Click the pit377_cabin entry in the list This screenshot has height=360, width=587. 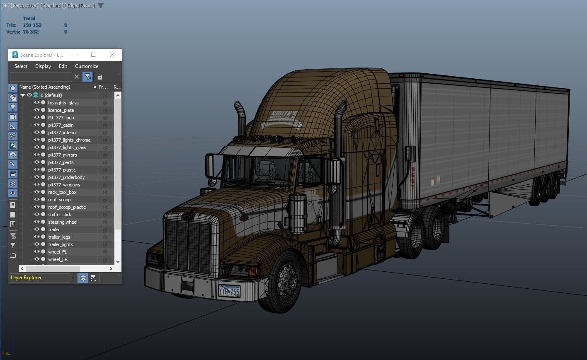[x=61, y=125]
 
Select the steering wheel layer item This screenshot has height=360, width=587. [x=63, y=222]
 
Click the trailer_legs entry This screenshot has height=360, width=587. [x=59, y=237]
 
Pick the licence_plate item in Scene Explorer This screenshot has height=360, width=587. [x=61, y=110]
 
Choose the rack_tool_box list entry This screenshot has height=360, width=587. [x=62, y=192]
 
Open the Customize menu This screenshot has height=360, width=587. [x=87, y=66]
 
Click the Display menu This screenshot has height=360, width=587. [x=43, y=66]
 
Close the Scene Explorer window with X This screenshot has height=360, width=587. [x=112, y=55]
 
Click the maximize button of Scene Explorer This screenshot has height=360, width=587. [x=93, y=55]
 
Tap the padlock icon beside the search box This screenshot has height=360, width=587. [x=100, y=77]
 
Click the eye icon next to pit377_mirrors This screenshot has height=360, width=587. [x=36, y=155]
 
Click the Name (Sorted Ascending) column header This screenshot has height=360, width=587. [x=45, y=87]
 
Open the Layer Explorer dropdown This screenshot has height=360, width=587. [x=73, y=278]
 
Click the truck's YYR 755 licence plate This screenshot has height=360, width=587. [x=229, y=291]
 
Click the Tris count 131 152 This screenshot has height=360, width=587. [x=32, y=25]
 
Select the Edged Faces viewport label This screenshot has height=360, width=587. [x=80, y=6]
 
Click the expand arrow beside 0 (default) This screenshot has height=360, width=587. [x=22, y=95]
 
